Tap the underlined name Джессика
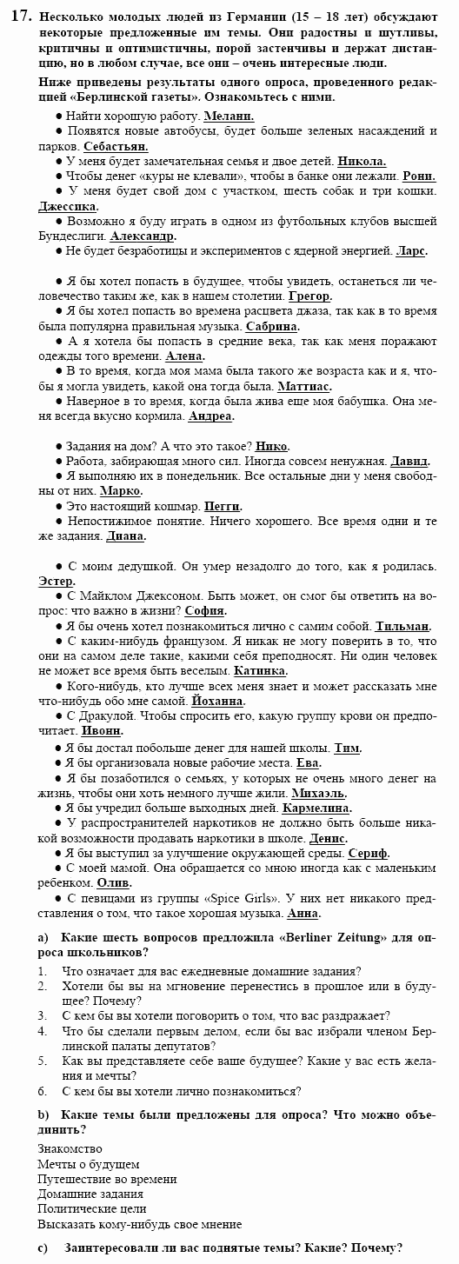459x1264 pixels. (x=67, y=206)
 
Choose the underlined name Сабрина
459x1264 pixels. (x=272, y=327)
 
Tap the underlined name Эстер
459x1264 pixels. (x=57, y=581)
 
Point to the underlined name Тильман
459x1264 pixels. (x=402, y=626)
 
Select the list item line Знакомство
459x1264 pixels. (x=70, y=1149)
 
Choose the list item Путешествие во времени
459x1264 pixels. (x=107, y=1179)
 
